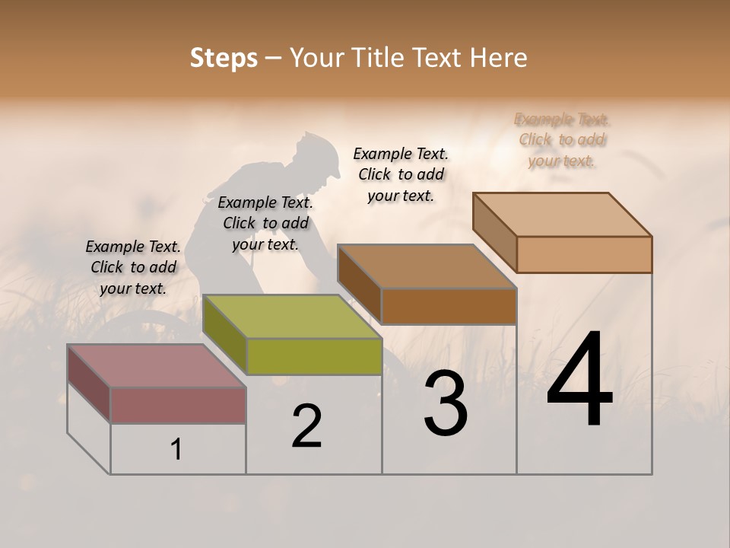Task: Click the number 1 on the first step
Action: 176,450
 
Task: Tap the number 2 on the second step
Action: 306,426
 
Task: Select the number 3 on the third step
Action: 445,403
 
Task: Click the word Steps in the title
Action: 224,58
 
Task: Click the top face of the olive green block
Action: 292,317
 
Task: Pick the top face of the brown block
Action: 427,266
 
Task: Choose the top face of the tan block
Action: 563,215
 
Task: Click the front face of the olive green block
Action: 314,356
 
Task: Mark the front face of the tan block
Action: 584,254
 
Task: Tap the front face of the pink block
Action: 178,405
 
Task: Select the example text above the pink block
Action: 133,267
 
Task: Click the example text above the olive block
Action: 265,223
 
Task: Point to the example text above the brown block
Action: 401,174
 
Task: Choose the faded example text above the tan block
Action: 562,140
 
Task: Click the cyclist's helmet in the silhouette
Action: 320,151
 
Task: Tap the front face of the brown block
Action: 449,306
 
